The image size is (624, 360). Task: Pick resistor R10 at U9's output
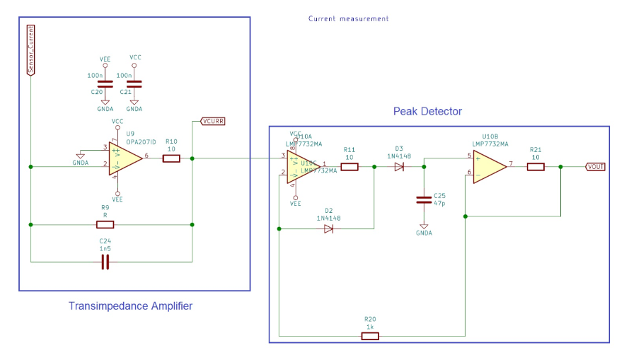(x=171, y=158)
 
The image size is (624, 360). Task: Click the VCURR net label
(x=213, y=121)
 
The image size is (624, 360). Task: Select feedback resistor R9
(x=105, y=225)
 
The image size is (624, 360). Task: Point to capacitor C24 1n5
(x=105, y=262)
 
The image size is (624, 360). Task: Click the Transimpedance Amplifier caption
(x=130, y=306)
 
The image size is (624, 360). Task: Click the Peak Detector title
(x=427, y=111)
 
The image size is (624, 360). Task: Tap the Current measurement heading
(x=348, y=18)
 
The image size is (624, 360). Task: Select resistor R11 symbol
(x=349, y=167)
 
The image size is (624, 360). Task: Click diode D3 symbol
(x=399, y=167)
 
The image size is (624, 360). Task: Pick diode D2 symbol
(x=328, y=228)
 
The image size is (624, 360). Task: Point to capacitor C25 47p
(x=423, y=199)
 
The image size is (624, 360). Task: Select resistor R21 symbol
(x=536, y=167)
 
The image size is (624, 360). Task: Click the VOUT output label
(x=596, y=167)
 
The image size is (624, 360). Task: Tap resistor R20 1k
(x=370, y=336)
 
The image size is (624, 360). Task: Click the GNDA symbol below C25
(x=423, y=226)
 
